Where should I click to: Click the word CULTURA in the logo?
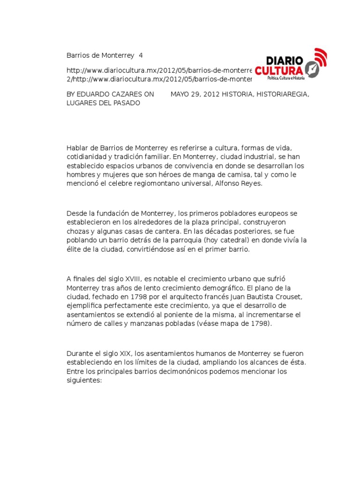pyautogui.click(x=279, y=71)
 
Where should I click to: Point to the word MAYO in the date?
pyautogui.click(x=180, y=94)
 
